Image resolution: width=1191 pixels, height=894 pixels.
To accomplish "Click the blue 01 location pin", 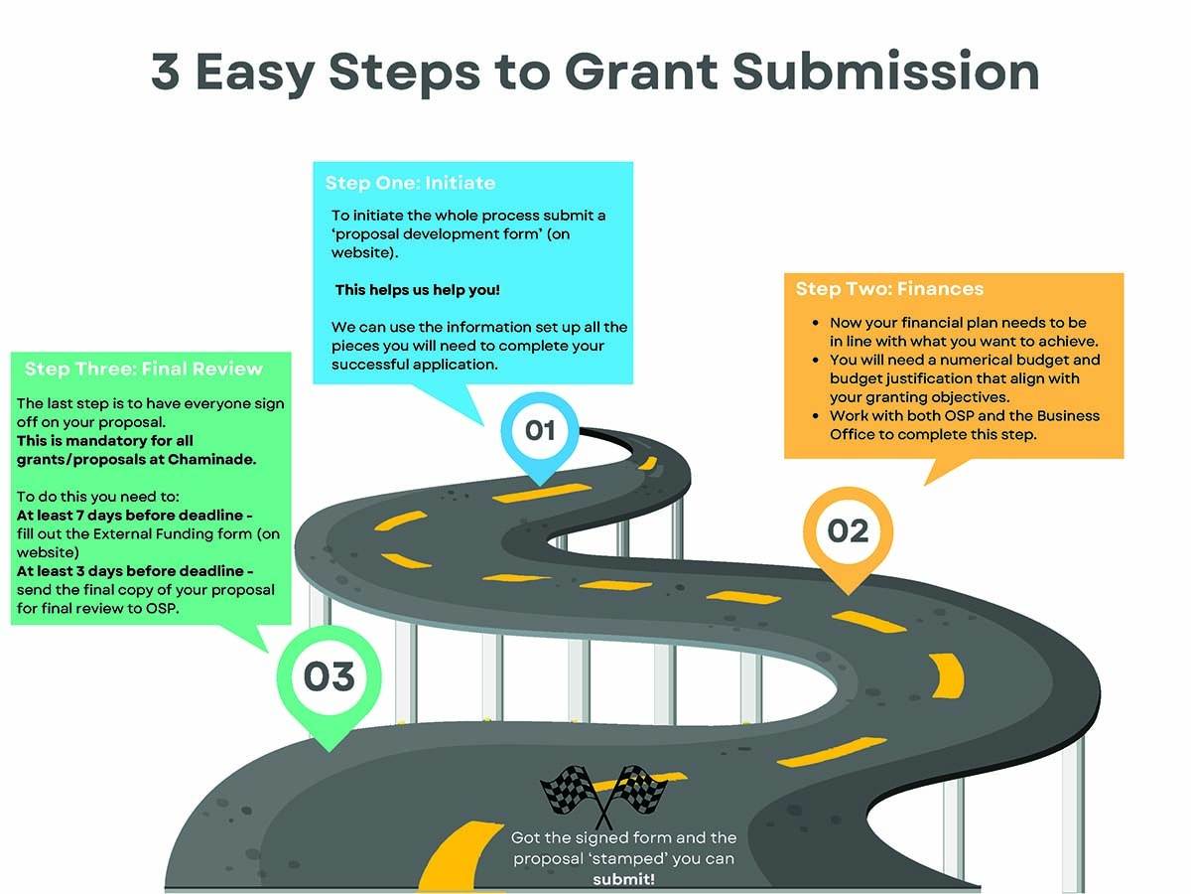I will click(539, 430).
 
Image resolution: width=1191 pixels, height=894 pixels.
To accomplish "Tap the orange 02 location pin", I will click(847, 531).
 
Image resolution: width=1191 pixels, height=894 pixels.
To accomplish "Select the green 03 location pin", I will click(329, 678).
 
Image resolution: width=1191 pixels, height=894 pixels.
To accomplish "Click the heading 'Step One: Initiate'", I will click(410, 183).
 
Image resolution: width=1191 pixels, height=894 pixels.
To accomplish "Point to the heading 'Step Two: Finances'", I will click(889, 289).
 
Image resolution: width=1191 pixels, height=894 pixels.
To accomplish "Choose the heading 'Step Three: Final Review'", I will click(144, 369).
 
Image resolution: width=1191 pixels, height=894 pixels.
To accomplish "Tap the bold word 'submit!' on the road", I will click(624, 879).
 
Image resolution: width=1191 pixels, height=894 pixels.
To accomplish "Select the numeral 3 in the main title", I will click(166, 73).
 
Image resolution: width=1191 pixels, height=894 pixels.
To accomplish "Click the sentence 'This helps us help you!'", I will click(418, 290).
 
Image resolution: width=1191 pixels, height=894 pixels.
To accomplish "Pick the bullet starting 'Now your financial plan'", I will click(957, 332).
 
